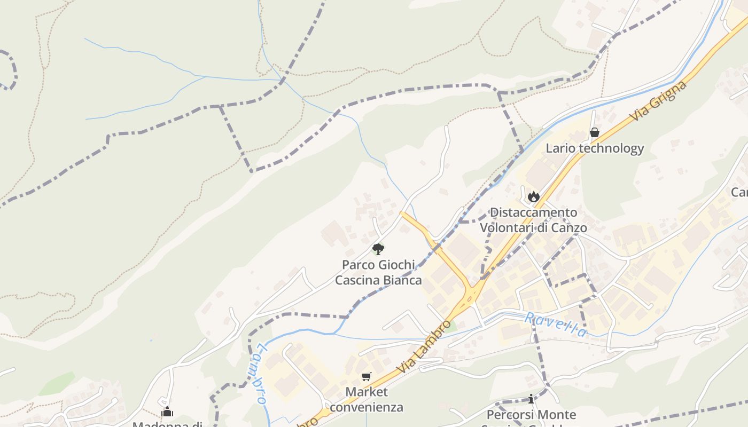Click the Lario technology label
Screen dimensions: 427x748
(594, 148)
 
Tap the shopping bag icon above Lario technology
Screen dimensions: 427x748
(594, 132)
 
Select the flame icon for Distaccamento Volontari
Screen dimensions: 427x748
(533, 196)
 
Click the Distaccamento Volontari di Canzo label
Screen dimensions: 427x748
(533, 220)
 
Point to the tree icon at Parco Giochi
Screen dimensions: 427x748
(378, 249)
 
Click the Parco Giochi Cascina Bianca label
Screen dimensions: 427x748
(378, 272)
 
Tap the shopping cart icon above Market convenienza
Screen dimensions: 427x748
(366, 377)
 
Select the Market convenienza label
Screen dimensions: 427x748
(366, 399)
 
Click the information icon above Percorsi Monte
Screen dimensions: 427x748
(531, 399)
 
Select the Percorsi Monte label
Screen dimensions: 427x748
(531, 415)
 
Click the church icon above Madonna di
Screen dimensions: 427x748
(167, 412)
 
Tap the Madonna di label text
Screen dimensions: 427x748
(167, 424)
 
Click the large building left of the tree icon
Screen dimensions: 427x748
(334, 234)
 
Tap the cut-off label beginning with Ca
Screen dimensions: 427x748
(740, 192)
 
